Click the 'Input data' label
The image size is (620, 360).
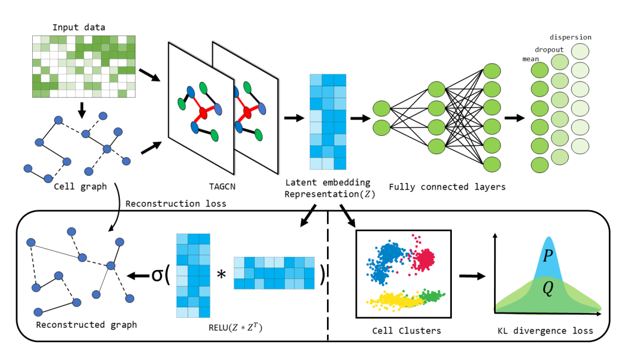pos(79,27)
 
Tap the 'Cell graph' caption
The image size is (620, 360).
pos(80,186)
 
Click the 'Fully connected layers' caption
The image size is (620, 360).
pos(447,187)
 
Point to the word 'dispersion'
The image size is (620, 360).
pos(570,38)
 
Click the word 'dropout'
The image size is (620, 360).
pos(549,49)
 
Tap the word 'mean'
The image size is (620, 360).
pos(531,59)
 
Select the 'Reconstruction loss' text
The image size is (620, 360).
pos(176,204)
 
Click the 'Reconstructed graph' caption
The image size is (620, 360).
pos(86,324)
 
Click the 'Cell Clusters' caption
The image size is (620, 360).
pos(406,331)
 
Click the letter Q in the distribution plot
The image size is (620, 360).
pos(547,290)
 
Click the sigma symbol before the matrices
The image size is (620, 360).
pos(157,275)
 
